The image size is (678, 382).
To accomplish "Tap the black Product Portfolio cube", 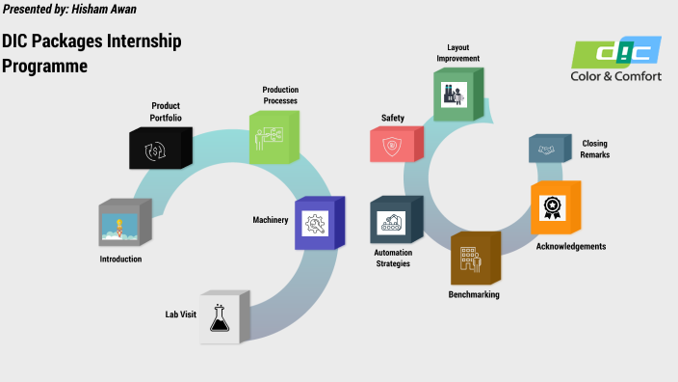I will (x=155, y=148).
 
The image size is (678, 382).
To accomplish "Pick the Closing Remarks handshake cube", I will (x=550, y=149).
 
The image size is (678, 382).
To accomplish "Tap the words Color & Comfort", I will (x=616, y=76).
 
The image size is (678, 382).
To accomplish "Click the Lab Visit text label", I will (x=182, y=314).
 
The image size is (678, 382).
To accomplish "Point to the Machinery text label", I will (x=271, y=220).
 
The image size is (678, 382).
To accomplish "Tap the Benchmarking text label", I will (x=474, y=294).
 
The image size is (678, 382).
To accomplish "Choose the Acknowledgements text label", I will (x=571, y=246).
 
